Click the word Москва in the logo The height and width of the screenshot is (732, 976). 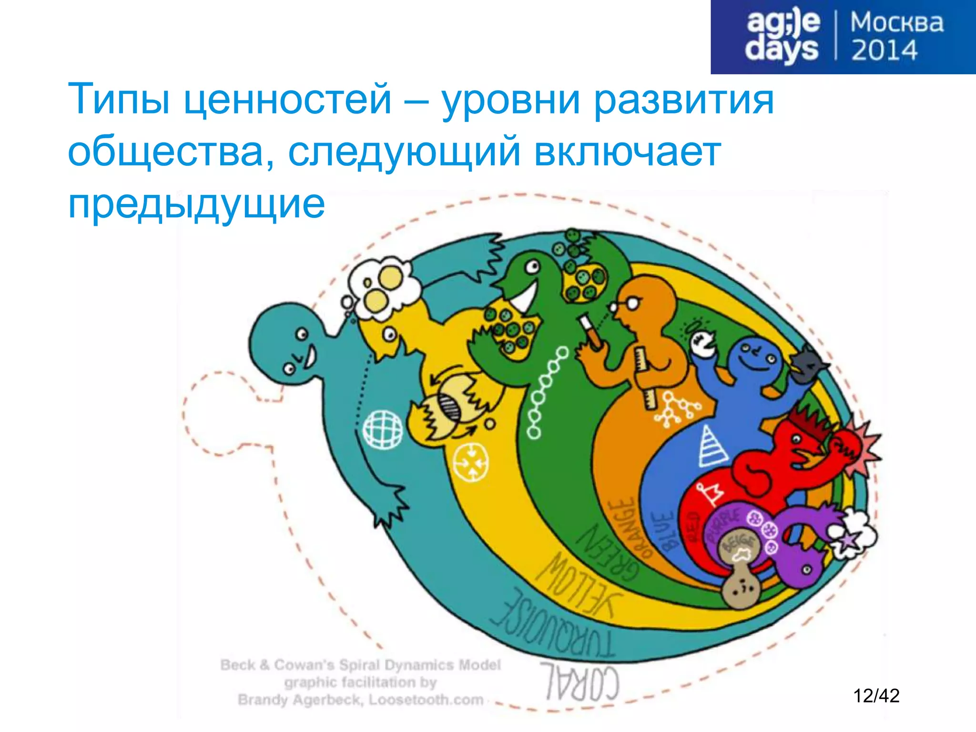tap(896, 23)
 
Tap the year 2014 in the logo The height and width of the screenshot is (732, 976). tap(884, 51)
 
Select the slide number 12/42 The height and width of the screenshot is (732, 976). tap(876, 696)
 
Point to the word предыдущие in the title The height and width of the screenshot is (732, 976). tap(196, 204)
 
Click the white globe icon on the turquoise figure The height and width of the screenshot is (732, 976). tap(382, 428)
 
